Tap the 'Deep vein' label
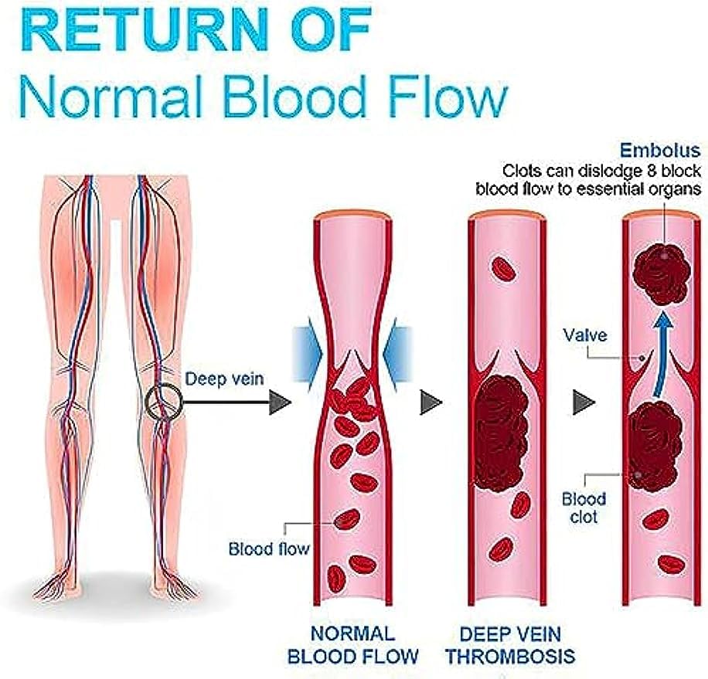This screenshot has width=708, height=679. [224, 379]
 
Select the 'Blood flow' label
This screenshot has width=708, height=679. [269, 549]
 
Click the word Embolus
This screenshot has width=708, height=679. [660, 150]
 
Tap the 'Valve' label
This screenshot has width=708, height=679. [585, 335]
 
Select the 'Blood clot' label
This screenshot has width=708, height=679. [584, 508]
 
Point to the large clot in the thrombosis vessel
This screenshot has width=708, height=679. [501, 433]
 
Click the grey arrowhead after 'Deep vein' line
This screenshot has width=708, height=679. [280, 402]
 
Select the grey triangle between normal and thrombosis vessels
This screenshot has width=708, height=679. [431, 402]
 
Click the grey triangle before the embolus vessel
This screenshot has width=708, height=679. [584, 402]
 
